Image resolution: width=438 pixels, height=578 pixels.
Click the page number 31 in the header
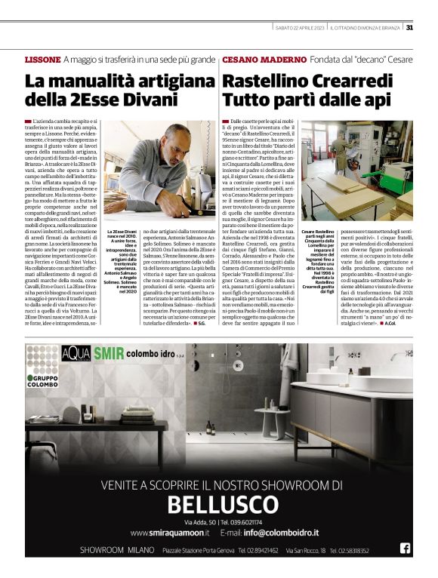point(409,28)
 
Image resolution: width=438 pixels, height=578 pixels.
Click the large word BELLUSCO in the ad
point(219,504)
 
